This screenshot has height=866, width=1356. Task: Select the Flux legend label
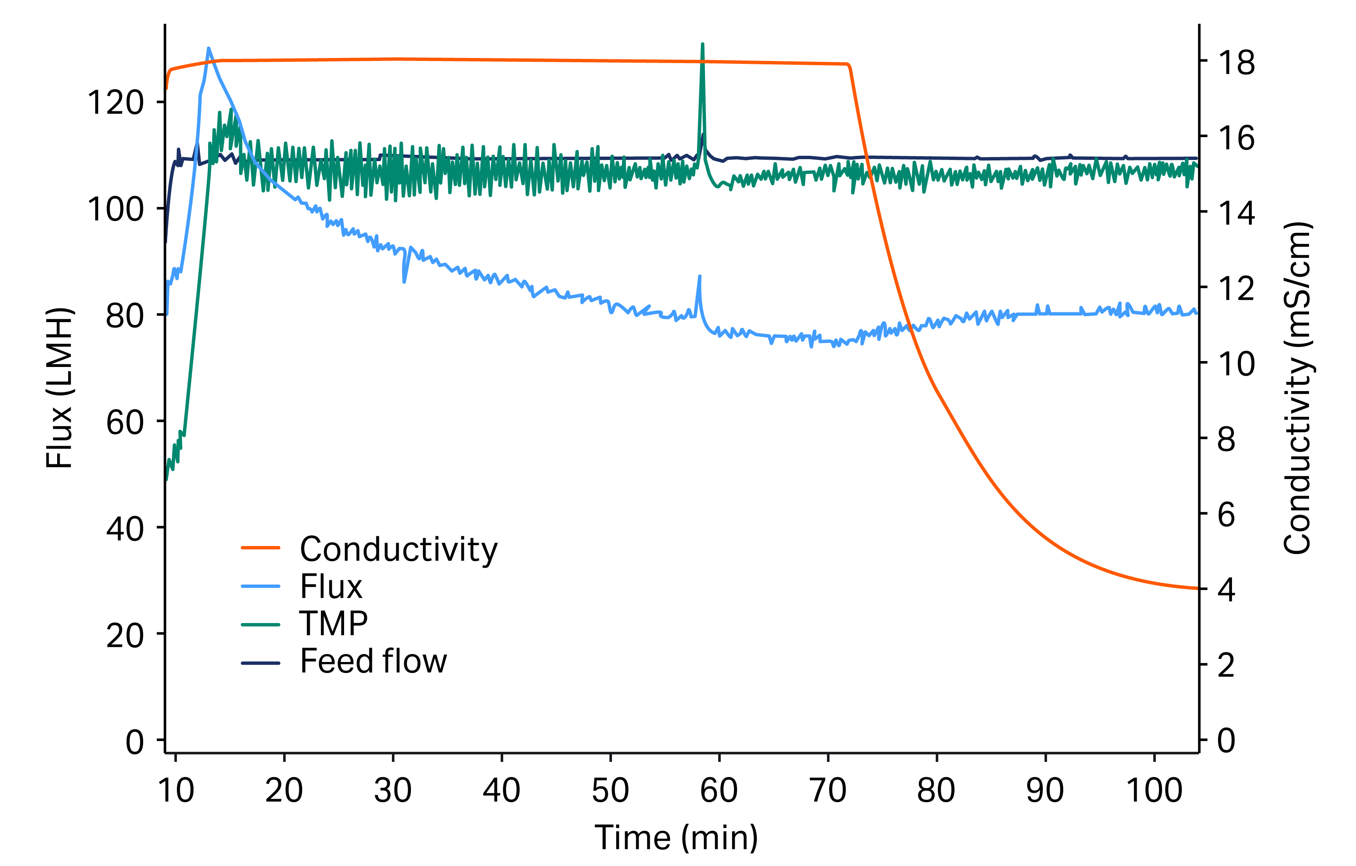pyautogui.click(x=331, y=587)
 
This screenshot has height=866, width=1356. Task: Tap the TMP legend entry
pyautogui.click(x=333, y=624)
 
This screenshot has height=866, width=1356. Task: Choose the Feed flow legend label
pyautogui.click(x=373, y=661)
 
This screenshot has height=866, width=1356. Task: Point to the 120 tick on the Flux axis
pyautogui.click(x=116, y=103)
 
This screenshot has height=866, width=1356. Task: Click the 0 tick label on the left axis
pyautogui.click(x=134, y=742)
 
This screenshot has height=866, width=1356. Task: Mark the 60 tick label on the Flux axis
pyautogui.click(x=124, y=422)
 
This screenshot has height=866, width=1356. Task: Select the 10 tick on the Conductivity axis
pyautogui.click(x=1236, y=364)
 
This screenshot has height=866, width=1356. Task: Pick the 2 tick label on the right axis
pyautogui.click(x=1226, y=665)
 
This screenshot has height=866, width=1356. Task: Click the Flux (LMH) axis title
pyautogui.click(x=59, y=388)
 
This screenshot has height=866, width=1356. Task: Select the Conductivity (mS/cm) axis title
pyautogui.click(x=1298, y=388)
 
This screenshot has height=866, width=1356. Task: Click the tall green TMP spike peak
pyautogui.click(x=702, y=44)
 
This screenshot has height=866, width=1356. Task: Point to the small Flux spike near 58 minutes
pyautogui.click(x=700, y=276)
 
